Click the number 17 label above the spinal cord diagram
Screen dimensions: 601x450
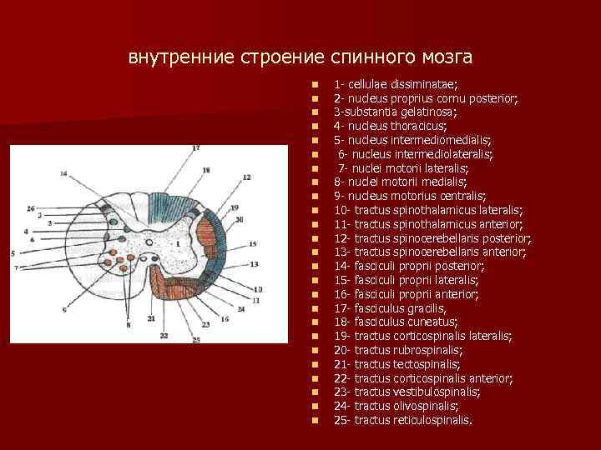pyautogui.click(x=195, y=148)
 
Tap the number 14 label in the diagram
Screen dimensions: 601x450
pyautogui.click(x=64, y=173)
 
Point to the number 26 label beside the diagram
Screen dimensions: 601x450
pyautogui.click(x=31, y=207)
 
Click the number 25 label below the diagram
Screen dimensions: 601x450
pyautogui.click(x=195, y=339)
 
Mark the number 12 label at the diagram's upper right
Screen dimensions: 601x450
pyautogui.click(x=247, y=177)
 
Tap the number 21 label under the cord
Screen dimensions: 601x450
pyautogui.click(x=151, y=319)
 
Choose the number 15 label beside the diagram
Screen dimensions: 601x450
pyautogui.click(x=253, y=243)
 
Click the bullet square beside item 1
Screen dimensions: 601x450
pyautogui.click(x=315, y=84)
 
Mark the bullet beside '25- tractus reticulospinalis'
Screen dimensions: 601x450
pyautogui.click(x=315, y=420)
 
